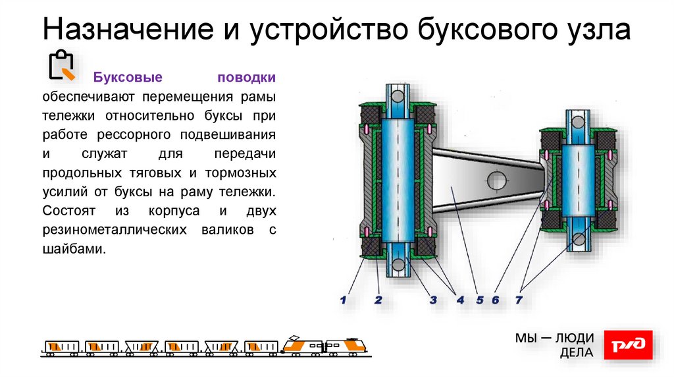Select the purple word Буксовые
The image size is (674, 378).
tap(128, 78)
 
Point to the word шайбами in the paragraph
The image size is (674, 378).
tap(74, 250)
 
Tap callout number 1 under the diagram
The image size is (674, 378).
tap(343, 300)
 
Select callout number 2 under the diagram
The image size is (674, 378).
tap(378, 300)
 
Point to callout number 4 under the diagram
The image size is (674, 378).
tap(460, 300)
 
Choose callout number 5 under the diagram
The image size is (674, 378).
tap(480, 300)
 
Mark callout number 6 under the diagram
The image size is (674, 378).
tap(495, 300)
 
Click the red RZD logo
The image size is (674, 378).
tap(628, 345)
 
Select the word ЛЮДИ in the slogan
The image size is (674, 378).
tap(575, 338)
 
